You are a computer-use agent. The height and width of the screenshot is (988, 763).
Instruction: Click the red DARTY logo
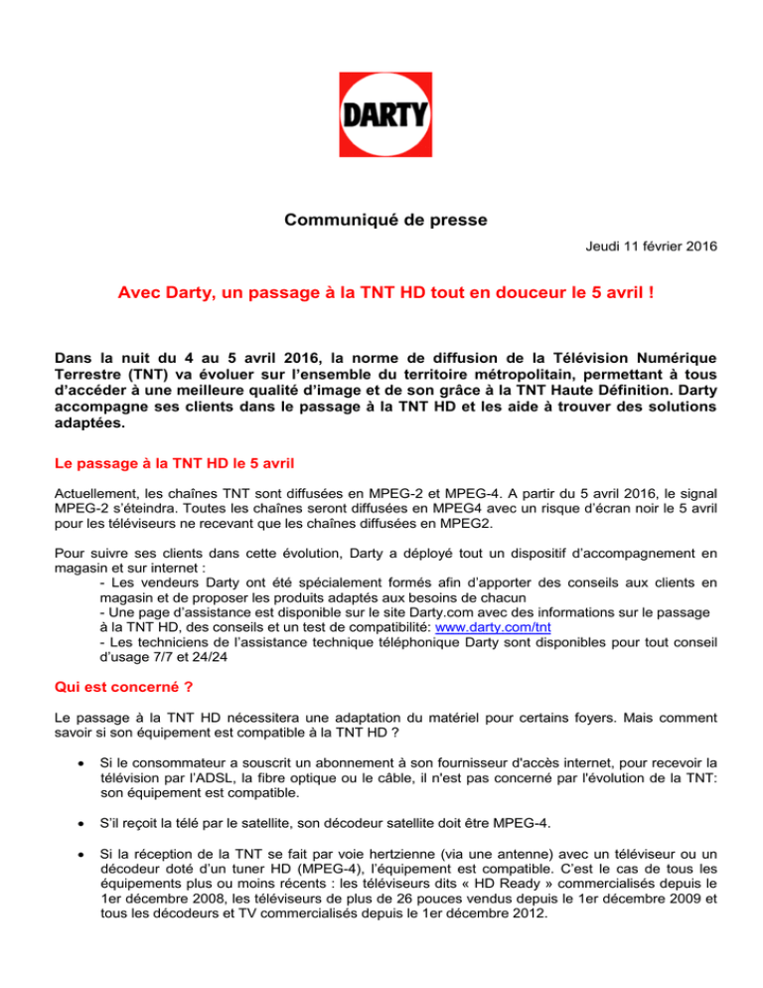[381, 115]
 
